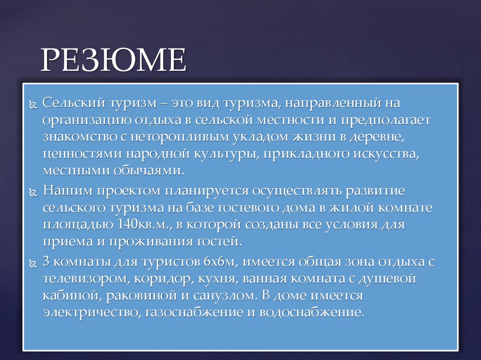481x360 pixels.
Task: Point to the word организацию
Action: [x=86, y=120]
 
